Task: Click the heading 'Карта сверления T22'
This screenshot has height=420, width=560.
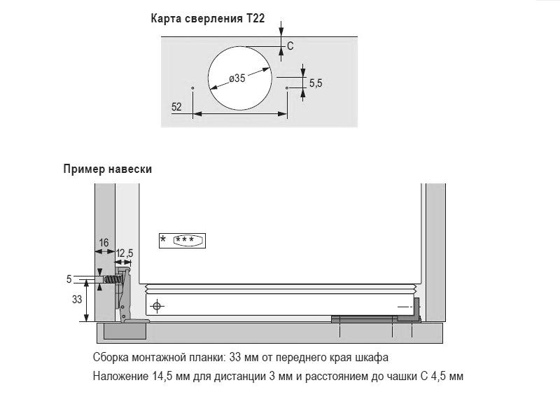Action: [207, 18]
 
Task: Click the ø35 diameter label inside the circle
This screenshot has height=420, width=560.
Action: [237, 78]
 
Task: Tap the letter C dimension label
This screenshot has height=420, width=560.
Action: [290, 46]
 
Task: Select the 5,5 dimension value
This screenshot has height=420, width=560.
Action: [316, 83]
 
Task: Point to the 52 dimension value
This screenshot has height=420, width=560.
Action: [176, 107]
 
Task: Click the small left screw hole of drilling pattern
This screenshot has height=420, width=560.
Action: [193, 87]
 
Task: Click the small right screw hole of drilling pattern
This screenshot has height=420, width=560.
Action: [287, 87]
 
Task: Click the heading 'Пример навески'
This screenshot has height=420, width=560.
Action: [108, 169]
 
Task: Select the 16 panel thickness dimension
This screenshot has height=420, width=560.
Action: [104, 243]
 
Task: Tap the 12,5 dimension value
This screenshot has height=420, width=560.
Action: [125, 253]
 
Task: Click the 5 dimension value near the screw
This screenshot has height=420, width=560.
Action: [69, 279]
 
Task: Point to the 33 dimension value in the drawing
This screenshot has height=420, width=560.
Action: [77, 300]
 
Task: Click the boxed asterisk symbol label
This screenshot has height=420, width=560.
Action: [182, 240]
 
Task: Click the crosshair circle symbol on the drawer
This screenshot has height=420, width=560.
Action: [157, 306]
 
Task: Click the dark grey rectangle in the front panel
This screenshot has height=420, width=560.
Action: [125, 331]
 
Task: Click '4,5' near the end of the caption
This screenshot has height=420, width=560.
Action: [438, 376]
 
